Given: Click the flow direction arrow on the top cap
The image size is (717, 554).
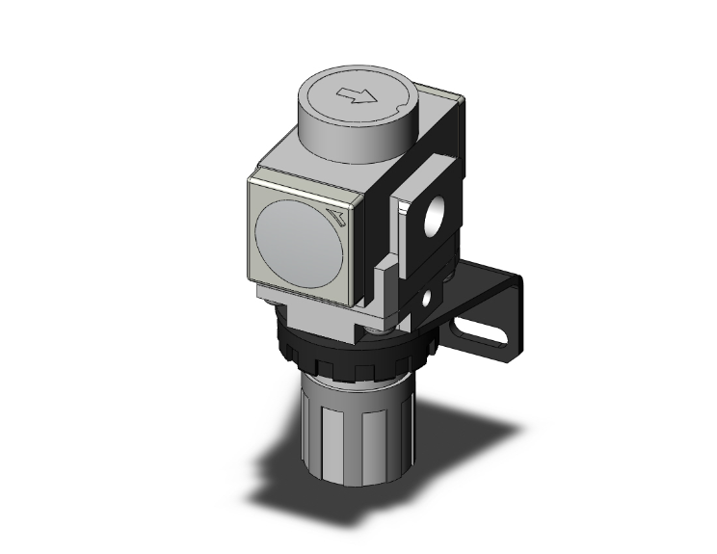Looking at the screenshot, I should tap(358, 95).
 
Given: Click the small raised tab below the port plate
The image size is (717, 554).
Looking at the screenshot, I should tap(384, 275).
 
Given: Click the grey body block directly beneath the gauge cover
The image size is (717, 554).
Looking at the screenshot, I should tap(313, 313).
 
